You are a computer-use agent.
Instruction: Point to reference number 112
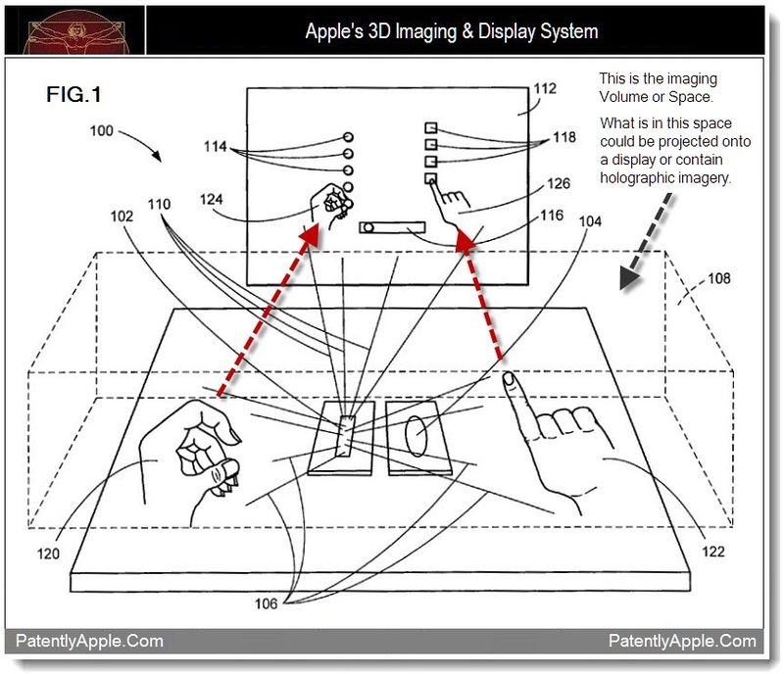coord(546,89)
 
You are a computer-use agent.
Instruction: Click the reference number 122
coord(713,553)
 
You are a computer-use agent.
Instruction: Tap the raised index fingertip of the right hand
coord(509,377)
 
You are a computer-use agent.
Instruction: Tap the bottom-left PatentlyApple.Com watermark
coord(89,642)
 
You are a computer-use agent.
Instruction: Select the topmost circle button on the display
coord(348,137)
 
